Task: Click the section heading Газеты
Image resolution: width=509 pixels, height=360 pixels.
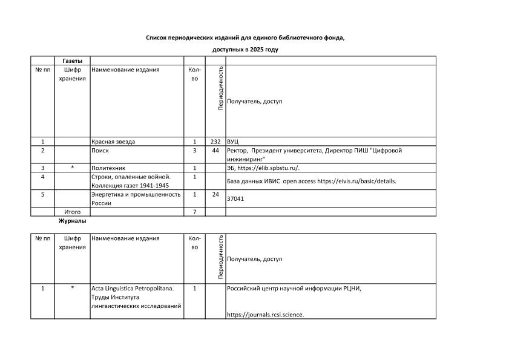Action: (72, 61)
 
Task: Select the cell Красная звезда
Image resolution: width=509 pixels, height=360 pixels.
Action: (113, 142)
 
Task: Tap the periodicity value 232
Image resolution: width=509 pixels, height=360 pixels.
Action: (215, 142)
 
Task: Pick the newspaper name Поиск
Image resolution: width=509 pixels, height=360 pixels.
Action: (100, 150)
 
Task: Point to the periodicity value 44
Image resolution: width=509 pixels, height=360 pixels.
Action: (215, 150)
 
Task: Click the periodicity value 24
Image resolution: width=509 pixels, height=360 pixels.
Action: (215, 194)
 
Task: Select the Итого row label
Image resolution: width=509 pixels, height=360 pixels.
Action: (72, 212)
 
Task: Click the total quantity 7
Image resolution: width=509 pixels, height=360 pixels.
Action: (194, 212)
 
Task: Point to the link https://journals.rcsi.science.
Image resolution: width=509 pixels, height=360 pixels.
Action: (265, 315)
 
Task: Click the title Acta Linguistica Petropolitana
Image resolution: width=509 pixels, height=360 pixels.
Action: (132, 288)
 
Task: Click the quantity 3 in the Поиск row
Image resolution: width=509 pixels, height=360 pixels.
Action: (194, 150)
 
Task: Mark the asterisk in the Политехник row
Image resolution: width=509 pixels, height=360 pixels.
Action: (72, 168)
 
